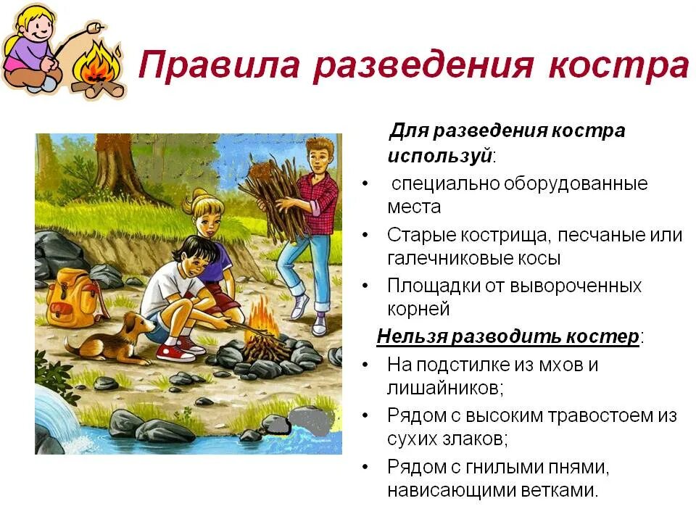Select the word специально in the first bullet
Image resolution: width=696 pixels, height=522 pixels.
coord(443,183)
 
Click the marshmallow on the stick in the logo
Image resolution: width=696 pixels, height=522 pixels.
coord(91,29)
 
